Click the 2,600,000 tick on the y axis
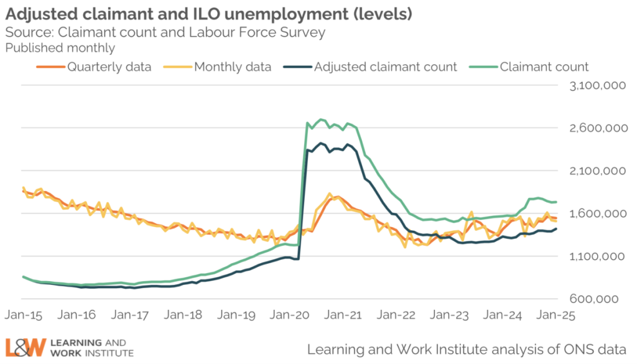[597, 129]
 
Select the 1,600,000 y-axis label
[597, 214]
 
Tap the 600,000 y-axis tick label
[602, 299]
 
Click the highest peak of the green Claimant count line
[321, 119]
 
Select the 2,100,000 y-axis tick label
[597, 171]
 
